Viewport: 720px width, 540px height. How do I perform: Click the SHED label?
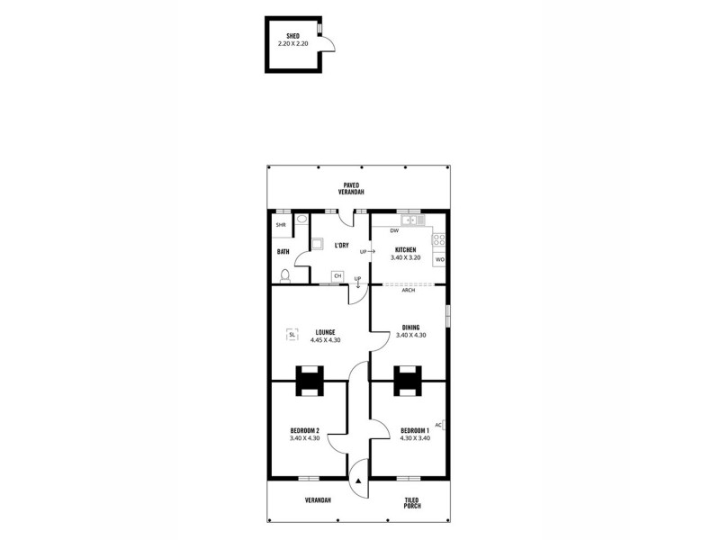point(292,35)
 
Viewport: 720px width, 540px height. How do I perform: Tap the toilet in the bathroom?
point(284,275)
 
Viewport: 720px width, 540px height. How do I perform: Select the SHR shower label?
point(281,224)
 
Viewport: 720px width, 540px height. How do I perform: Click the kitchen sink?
point(412,220)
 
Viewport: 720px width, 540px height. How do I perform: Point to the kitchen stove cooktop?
point(440,240)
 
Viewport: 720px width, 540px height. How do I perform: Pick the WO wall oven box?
point(440,260)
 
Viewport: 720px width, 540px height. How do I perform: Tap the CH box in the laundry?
point(337,275)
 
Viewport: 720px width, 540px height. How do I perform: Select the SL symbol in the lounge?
point(292,336)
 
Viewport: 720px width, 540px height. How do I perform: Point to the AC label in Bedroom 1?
point(437,425)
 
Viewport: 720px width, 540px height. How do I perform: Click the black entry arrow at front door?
point(358,481)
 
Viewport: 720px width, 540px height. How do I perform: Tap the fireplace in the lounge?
point(310,380)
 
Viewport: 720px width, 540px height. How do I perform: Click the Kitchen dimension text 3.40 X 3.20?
point(406,257)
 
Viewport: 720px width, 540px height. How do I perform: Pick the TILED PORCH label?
point(412,502)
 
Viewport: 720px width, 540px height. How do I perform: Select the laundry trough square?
point(318,243)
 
